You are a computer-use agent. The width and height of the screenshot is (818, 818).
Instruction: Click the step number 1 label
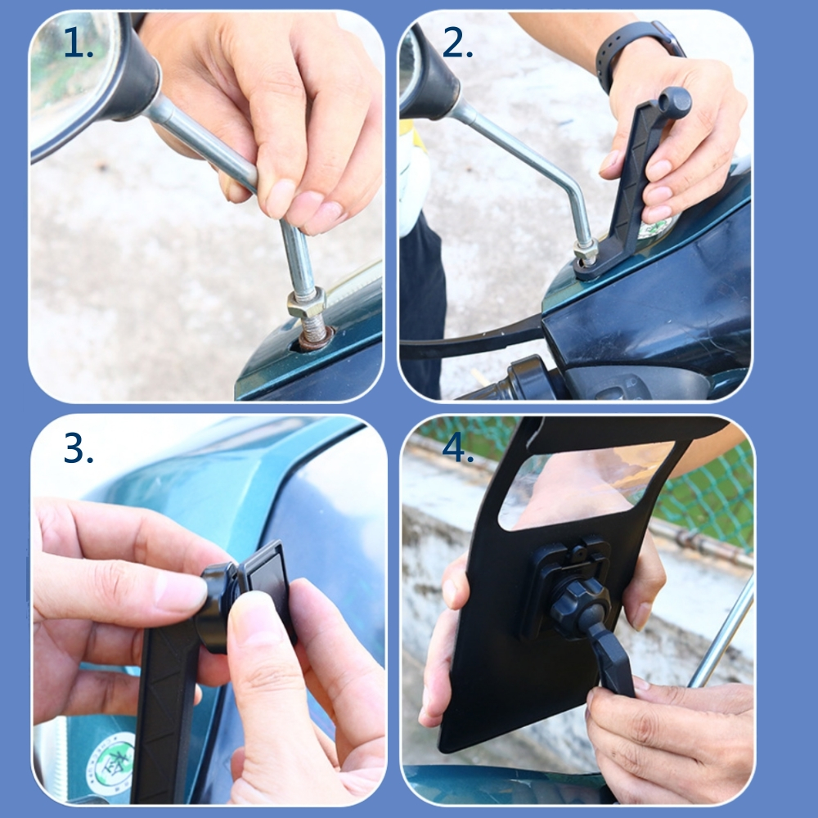pyautogui.click(x=79, y=43)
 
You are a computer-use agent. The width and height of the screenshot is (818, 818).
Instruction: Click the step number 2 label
pyautogui.click(x=457, y=43)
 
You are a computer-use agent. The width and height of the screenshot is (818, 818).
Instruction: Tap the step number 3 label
pyautogui.click(x=79, y=448)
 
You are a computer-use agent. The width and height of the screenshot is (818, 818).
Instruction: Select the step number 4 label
pyautogui.click(x=457, y=447)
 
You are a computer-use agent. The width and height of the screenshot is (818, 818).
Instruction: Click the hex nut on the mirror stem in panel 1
pyautogui.click(x=306, y=303)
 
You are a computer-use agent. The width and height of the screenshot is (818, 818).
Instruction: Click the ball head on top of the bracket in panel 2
pyautogui.click(x=675, y=101)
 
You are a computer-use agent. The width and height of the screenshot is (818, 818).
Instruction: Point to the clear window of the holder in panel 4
pyautogui.click(x=584, y=483)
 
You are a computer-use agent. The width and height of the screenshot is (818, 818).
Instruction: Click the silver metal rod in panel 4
pyautogui.click(x=722, y=631)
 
